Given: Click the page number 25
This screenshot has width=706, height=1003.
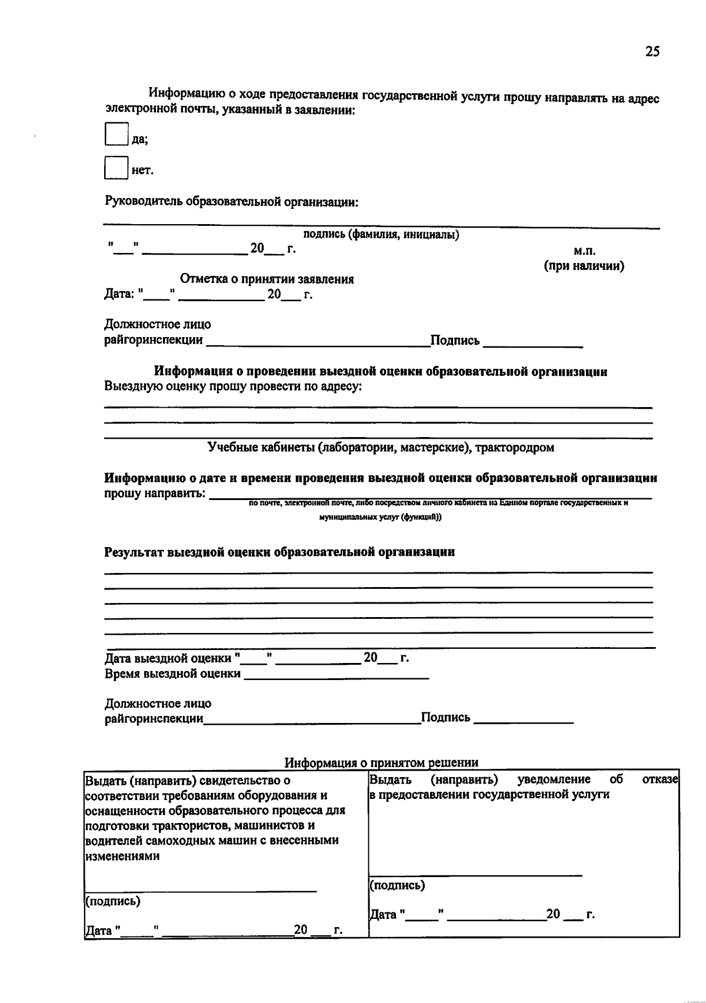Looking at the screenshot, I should click(x=652, y=52).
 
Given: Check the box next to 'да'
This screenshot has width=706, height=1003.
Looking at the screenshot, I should click(x=116, y=134).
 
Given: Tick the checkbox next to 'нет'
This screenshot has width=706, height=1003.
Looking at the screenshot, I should click(x=116, y=167).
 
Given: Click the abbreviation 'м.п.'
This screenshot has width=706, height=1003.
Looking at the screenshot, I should click(x=584, y=251).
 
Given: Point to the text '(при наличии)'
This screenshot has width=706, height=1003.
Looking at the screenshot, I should click(x=584, y=265).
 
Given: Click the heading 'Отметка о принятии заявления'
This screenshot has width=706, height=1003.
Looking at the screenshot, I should click(x=267, y=279).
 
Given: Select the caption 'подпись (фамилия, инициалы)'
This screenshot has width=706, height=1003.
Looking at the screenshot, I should click(x=381, y=235).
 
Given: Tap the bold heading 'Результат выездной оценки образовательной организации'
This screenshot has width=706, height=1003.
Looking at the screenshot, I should click(x=279, y=552).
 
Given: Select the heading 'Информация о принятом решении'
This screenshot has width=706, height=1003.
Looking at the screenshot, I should click(x=381, y=762).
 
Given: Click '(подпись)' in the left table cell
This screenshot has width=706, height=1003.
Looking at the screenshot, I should click(x=112, y=901).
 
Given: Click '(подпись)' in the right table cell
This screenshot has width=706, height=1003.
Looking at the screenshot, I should click(x=397, y=885).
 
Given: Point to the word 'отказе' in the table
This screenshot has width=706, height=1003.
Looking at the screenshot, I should click(x=661, y=779).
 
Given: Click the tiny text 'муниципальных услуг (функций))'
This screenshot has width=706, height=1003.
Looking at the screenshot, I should click(x=380, y=517).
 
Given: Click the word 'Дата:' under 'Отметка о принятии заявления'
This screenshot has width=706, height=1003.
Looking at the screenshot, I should click(x=119, y=294).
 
